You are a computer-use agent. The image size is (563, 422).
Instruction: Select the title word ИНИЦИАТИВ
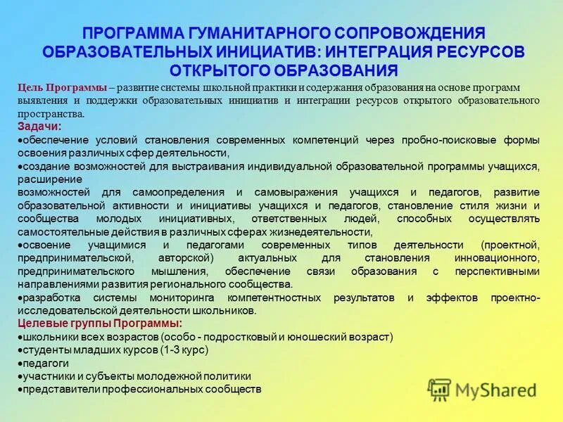click(x=264, y=51)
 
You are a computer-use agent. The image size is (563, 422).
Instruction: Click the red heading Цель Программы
click(x=62, y=88)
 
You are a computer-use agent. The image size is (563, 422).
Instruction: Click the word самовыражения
click(x=298, y=192)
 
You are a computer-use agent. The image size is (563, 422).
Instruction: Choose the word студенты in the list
click(x=44, y=350)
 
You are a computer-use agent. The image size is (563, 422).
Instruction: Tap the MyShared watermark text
click(x=495, y=390)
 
